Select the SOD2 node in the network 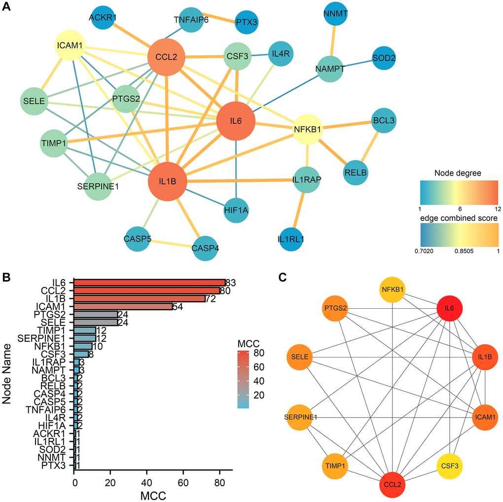tap(384, 58)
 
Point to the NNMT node tap(336, 14)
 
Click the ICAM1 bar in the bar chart tap(123, 306)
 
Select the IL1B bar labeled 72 tap(140, 298)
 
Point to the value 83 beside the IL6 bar tap(231, 283)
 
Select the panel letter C tap(283, 278)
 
